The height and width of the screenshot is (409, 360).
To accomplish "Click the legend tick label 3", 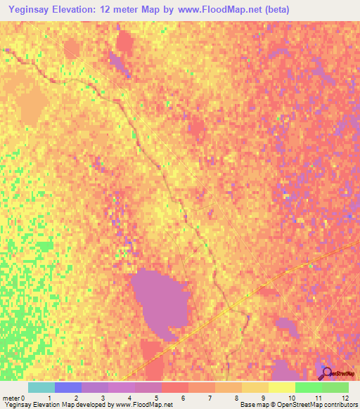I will tap(103, 398).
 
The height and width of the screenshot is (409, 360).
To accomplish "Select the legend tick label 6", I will tap(183, 398).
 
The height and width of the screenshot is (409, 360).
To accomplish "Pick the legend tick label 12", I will tap(345, 398).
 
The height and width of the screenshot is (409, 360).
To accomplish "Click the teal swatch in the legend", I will tap(41, 387).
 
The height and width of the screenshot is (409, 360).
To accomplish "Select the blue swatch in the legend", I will tap(68, 387).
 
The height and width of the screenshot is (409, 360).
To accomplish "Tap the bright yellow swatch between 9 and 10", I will tap(281, 387).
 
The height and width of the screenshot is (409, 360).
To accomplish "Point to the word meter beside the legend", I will tap(11, 398).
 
